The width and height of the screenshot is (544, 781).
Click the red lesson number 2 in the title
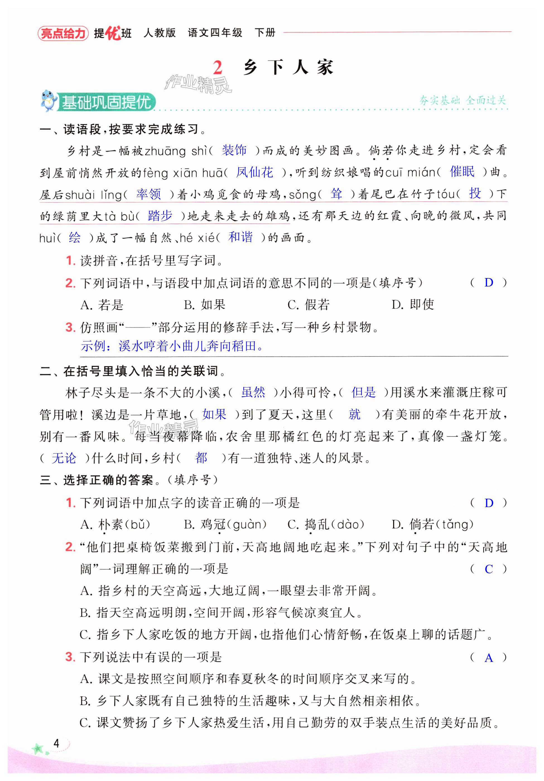pos(217,68)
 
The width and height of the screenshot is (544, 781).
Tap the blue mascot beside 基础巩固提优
pos(48,101)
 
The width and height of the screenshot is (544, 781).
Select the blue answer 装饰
pos(234,150)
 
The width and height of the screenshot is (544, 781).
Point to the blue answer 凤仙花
pos(254,172)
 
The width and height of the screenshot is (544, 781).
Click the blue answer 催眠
pos(462,172)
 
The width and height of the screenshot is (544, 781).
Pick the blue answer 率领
pos(148,194)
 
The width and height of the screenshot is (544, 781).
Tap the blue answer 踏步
pos(160,216)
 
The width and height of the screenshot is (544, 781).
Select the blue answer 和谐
pos(240,237)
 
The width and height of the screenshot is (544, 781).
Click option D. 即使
pos(413,304)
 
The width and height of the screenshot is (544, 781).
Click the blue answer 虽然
pos(253,392)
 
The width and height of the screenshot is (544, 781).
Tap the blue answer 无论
pos(64,458)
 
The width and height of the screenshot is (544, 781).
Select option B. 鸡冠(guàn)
pos(225,524)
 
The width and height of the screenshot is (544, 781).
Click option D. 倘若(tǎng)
pos(432,524)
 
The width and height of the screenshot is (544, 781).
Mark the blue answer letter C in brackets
pos(488,569)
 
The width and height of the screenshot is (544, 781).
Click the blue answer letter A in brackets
pos(488,658)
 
